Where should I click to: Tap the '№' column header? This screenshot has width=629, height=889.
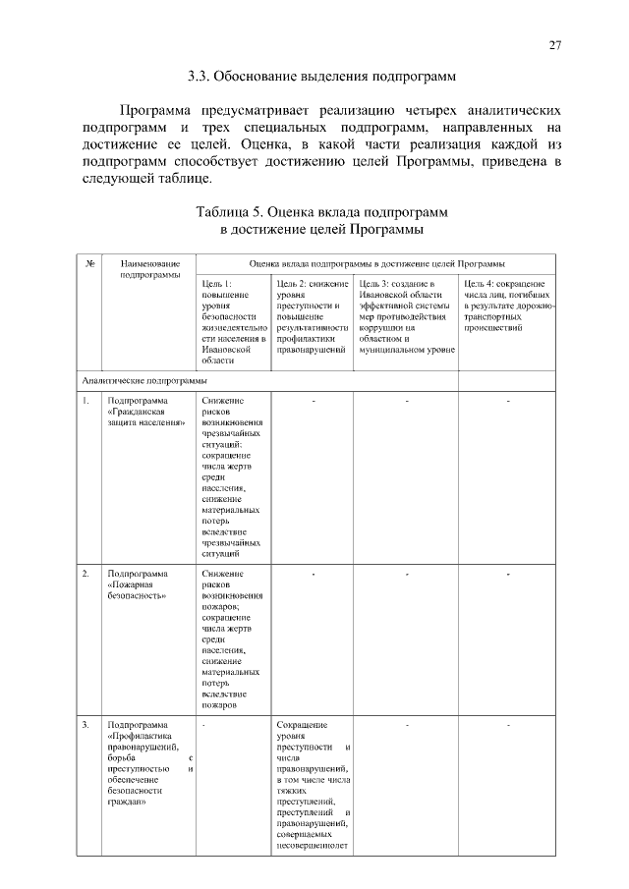pyautogui.click(x=89, y=263)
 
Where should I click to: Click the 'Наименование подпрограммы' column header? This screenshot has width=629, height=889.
pyautogui.click(x=149, y=269)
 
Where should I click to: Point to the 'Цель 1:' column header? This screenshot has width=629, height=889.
pyautogui.click(x=216, y=283)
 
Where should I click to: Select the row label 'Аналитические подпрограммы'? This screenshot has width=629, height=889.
pyautogui.click(x=144, y=380)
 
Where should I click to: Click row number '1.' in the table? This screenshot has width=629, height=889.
pyautogui.click(x=86, y=401)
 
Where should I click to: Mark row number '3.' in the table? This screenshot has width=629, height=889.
pyautogui.click(x=86, y=725)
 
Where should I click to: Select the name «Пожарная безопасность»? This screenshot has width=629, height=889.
pyautogui.click(x=138, y=589)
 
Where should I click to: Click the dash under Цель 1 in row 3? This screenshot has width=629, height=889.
pyautogui.click(x=203, y=726)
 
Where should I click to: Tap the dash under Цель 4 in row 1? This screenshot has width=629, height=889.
pyautogui.click(x=507, y=401)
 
